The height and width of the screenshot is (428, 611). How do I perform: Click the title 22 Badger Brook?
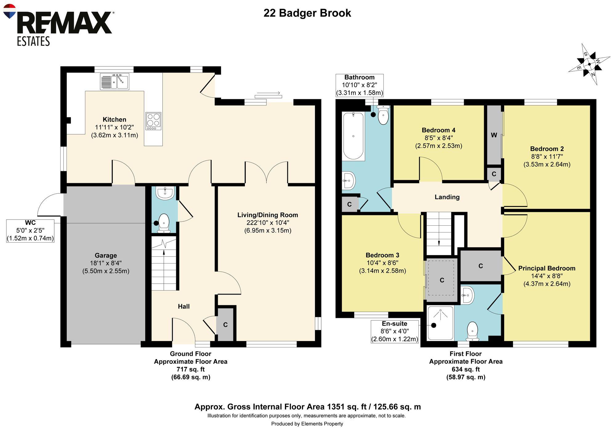coord(307,13)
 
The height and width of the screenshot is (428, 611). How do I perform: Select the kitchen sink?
coord(115,81)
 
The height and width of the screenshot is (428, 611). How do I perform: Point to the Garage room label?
coord(106,255)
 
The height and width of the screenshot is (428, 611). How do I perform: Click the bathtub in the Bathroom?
coord(353,136)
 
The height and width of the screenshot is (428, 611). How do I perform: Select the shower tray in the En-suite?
coord(440,323)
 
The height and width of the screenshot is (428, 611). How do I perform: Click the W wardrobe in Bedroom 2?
coord(494,135)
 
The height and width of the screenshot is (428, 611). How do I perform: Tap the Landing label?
coord(447,197)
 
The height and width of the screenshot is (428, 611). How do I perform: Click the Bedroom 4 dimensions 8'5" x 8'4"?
coord(439,138)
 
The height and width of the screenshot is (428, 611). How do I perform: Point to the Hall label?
coord(184,306)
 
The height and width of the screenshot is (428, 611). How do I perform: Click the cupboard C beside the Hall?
coord(225,325)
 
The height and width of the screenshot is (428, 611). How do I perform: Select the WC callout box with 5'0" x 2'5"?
coord(30,231)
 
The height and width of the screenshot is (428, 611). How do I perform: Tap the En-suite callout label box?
coord(395,331)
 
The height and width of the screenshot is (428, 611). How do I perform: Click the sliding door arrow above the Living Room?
coord(268,93)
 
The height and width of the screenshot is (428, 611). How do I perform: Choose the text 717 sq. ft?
coord(190,369)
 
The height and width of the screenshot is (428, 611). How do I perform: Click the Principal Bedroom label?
coord(547,268)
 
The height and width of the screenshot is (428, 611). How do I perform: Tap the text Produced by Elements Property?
coord(307,424)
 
